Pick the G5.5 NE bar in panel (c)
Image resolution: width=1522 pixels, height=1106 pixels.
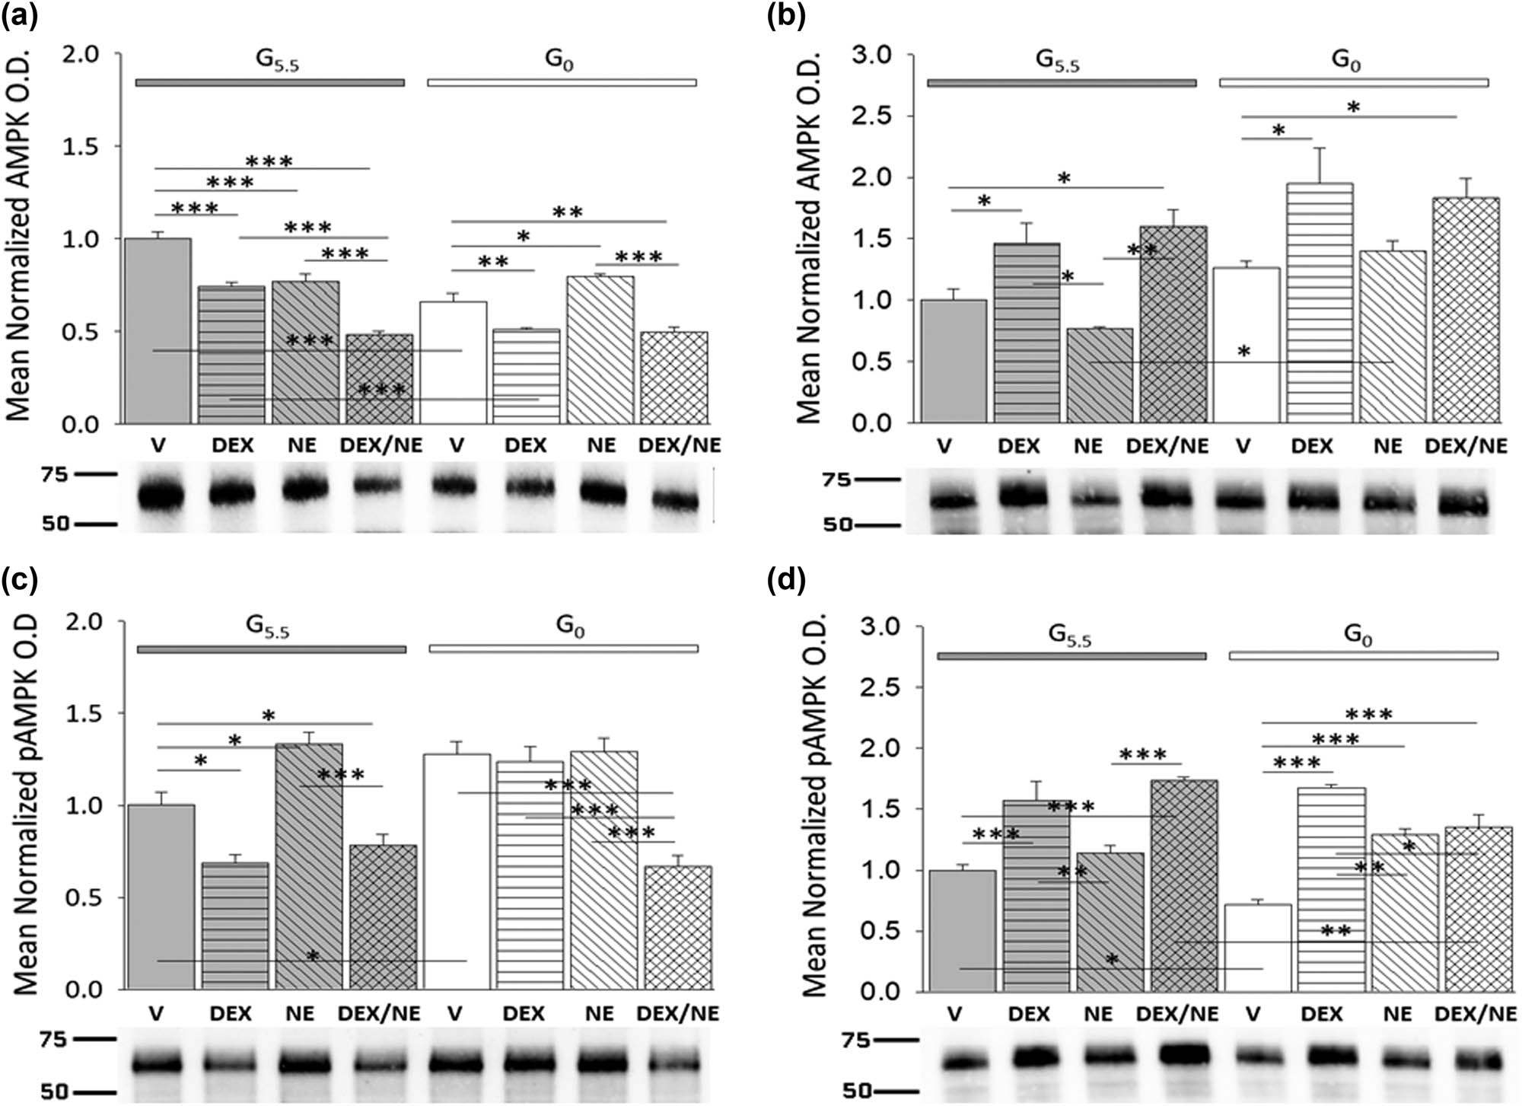coord(308,868)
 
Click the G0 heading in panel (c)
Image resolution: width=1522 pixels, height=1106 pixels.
coord(570,626)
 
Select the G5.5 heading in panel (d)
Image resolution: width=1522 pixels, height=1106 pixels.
coord(1069,635)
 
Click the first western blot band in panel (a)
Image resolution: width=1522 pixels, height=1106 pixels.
coord(161,496)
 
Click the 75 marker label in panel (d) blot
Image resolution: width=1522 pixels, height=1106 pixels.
coord(856,1039)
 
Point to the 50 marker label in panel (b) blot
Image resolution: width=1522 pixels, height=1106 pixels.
coord(837,524)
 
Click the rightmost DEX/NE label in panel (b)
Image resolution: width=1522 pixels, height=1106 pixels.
coord(1466,446)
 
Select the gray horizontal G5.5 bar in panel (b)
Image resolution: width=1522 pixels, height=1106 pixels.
coord(1061,83)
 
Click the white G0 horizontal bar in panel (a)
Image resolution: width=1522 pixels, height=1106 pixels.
coord(562,82)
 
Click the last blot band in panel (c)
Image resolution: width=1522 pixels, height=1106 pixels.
coord(674,1063)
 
